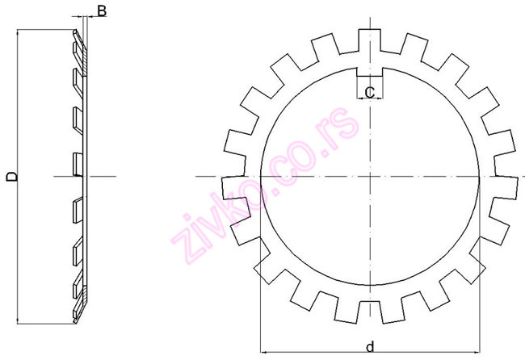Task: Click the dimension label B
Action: (102, 10)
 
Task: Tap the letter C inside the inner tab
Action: (369, 93)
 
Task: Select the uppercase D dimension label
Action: (10, 176)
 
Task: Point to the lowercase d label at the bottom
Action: (369, 347)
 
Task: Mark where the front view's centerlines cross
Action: (369, 176)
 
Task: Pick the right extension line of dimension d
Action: (479, 307)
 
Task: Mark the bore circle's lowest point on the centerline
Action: (369, 286)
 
